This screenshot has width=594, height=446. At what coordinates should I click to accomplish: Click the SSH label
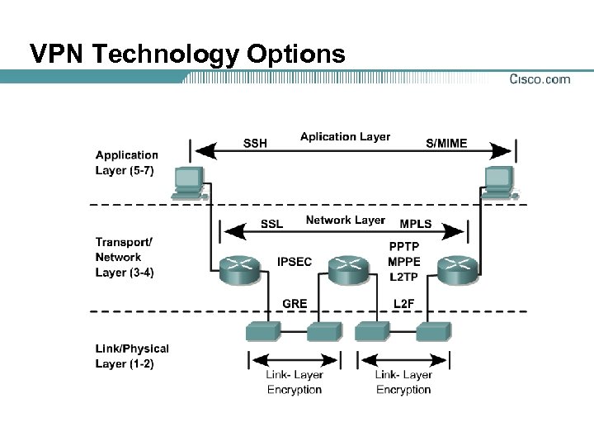click(255, 143)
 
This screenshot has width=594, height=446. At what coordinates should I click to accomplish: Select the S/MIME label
click(446, 143)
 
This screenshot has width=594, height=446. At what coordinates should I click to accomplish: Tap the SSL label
click(271, 224)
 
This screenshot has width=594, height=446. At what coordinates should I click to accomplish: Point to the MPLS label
click(416, 224)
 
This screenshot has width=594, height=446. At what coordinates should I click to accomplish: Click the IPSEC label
click(295, 262)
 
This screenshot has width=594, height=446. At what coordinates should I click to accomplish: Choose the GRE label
click(295, 303)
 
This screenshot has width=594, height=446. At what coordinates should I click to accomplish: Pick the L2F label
click(403, 303)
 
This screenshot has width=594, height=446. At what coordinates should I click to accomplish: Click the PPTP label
click(403, 245)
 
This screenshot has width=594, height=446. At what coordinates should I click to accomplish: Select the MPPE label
click(403, 262)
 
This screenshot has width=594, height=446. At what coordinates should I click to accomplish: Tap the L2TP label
click(403, 278)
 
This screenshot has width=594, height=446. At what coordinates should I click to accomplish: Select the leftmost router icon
click(239, 268)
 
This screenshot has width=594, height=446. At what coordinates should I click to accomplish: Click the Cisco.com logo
click(540, 79)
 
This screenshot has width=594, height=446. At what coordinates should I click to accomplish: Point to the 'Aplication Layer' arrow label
click(345, 136)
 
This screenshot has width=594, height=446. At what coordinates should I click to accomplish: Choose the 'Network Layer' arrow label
click(345, 220)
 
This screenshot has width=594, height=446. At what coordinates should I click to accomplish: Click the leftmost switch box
click(264, 331)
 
